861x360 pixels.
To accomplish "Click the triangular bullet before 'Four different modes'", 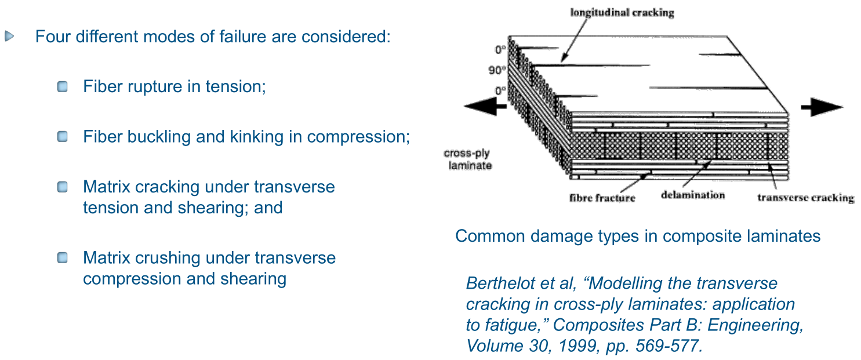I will click(x=9, y=37).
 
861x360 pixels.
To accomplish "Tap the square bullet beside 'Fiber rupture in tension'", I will click(x=63, y=88).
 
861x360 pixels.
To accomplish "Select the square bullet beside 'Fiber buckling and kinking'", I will click(x=63, y=137).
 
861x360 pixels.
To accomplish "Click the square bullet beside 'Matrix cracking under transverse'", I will click(x=63, y=187).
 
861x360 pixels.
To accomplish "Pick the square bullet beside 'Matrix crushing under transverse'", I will click(x=63, y=257).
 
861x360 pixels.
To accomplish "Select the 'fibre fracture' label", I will click(x=602, y=198).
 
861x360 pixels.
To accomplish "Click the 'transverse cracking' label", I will click(x=805, y=198).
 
